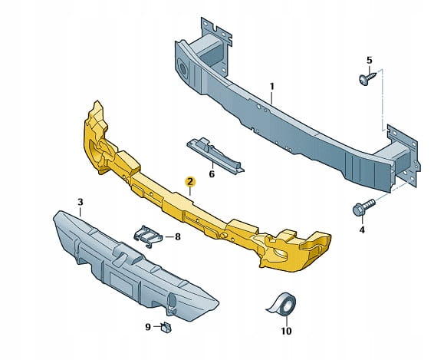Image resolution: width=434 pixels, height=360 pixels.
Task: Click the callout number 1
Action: pyautogui.click(x=271, y=87)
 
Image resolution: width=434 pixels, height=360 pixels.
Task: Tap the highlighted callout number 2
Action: pyautogui.click(x=190, y=182)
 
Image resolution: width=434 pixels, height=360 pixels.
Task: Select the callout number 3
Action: pyautogui.click(x=81, y=202)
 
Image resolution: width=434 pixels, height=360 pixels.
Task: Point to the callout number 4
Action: pyautogui.click(x=362, y=230)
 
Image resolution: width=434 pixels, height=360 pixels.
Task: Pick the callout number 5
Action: pyautogui.click(x=370, y=60)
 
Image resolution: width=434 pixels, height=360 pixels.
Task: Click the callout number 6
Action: pyautogui.click(x=212, y=174)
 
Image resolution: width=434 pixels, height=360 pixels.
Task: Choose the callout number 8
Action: pyautogui.click(x=177, y=236)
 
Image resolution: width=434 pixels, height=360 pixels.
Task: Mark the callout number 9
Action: pyautogui.click(x=148, y=327)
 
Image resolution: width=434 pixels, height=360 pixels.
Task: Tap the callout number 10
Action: pyautogui.click(x=287, y=331)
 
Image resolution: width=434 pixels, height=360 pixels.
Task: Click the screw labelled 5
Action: pyautogui.click(x=367, y=78)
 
